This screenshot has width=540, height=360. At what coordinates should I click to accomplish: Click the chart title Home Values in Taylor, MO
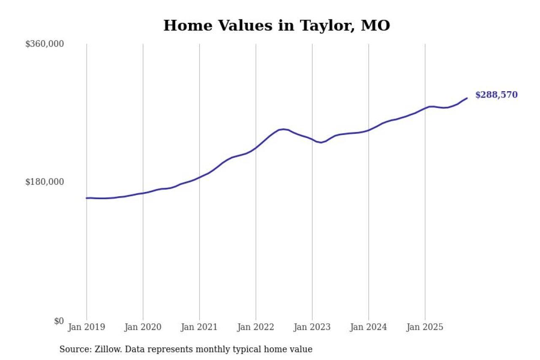(x=276, y=25)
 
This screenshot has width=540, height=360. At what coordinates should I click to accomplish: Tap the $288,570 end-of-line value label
(x=496, y=95)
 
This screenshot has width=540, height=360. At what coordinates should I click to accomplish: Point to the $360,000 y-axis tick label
(x=44, y=44)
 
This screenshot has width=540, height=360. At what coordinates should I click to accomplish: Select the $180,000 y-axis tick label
(x=44, y=182)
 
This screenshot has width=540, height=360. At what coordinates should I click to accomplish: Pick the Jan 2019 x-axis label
(x=86, y=327)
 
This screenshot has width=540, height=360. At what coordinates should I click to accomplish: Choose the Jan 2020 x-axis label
(x=143, y=327)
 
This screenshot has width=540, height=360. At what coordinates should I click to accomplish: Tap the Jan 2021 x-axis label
(x=199, y=327)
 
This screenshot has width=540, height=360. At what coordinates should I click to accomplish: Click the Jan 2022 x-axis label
(x=256, y=327)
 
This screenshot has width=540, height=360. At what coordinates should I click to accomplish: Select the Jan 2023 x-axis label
(x=312, y=327)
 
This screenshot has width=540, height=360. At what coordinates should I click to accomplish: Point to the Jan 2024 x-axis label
(x=368, y=327)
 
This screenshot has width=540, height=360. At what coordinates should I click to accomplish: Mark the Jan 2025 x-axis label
(x=425, y=327)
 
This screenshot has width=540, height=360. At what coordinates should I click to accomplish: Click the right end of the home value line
(x=467, y=98)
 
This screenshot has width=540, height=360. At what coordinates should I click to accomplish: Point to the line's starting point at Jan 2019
(x=86, y=198)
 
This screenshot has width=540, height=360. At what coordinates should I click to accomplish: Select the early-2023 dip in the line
(x=321, y=143)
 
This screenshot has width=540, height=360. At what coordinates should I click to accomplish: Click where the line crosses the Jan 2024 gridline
(x=368, y=130)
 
